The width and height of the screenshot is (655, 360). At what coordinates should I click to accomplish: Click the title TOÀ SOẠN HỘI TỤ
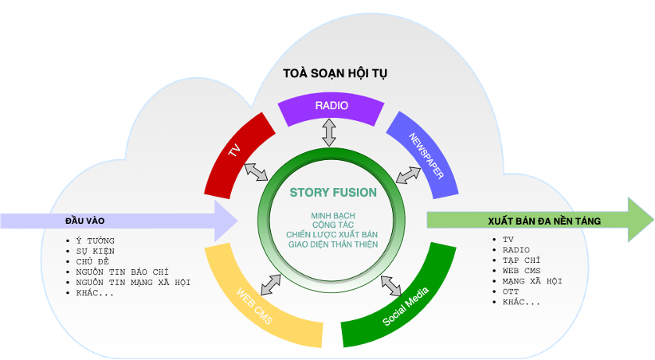tap(335, 73)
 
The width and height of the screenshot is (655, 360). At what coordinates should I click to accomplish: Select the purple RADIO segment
tap(331, 107)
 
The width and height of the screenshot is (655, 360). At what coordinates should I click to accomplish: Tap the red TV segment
tap(234, 152)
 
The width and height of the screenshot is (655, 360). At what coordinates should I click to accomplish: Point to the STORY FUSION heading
tap(333, 192)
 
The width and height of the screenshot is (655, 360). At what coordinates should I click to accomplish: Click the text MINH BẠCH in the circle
tap(333, 216)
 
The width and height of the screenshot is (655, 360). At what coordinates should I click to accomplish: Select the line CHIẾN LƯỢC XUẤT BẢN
tap(333, 234)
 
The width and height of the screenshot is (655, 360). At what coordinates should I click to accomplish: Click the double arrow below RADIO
tap(329, 131)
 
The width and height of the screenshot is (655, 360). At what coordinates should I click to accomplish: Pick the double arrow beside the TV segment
tap(256, 171)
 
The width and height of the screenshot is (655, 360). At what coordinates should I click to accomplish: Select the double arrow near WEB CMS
tap(270, 282)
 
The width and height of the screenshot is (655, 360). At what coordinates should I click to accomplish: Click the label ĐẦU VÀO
tap(85, 221)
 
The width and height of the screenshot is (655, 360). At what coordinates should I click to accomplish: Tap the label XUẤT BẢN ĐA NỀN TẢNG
tap(533, 220)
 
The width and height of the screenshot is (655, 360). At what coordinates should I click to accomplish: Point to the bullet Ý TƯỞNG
tap(95, 241)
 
